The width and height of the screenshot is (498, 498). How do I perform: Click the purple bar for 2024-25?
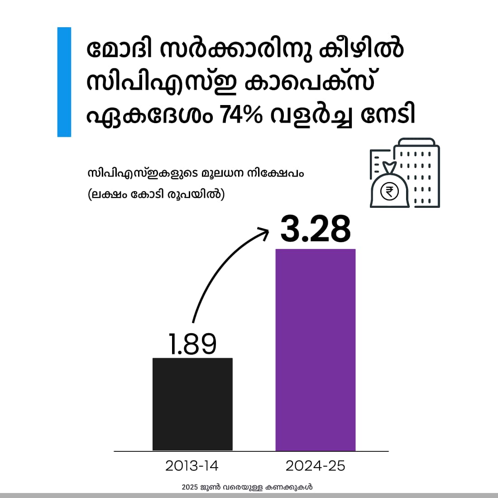coord(316,350)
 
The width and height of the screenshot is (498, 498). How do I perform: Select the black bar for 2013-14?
coord(192,404)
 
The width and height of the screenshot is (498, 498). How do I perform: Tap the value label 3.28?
coord(316,230)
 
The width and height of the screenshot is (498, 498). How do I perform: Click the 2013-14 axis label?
coord(192,466)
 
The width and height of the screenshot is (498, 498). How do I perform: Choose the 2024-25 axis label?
coord(316,466)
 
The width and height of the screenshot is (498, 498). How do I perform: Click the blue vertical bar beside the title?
coord(64,82)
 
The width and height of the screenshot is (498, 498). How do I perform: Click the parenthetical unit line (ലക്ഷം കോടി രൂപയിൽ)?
coord(156,195)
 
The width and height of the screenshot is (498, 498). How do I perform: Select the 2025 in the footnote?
coord(190,488)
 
